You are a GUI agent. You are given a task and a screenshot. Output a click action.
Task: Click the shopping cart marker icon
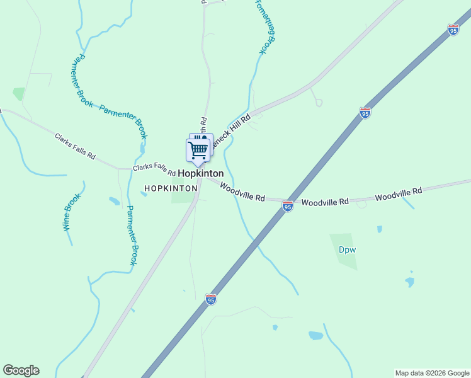198,150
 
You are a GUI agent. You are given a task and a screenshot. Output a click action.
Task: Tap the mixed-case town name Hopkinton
200,173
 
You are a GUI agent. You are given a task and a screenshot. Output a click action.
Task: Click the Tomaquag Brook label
265,26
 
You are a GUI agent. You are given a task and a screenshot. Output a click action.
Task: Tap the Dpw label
348,249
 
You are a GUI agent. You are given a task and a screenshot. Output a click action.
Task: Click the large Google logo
21,370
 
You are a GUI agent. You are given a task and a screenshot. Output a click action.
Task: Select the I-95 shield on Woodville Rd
287,206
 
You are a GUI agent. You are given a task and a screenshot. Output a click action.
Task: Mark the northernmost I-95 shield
453,29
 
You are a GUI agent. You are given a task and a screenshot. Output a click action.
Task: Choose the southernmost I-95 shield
211,299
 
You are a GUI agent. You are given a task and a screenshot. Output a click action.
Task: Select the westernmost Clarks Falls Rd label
74,146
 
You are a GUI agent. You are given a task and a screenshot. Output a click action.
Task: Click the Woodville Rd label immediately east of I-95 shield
325,202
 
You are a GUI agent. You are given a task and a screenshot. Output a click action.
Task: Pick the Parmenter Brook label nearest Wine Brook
131,235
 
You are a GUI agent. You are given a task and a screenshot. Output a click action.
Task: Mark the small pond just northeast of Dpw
379,229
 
